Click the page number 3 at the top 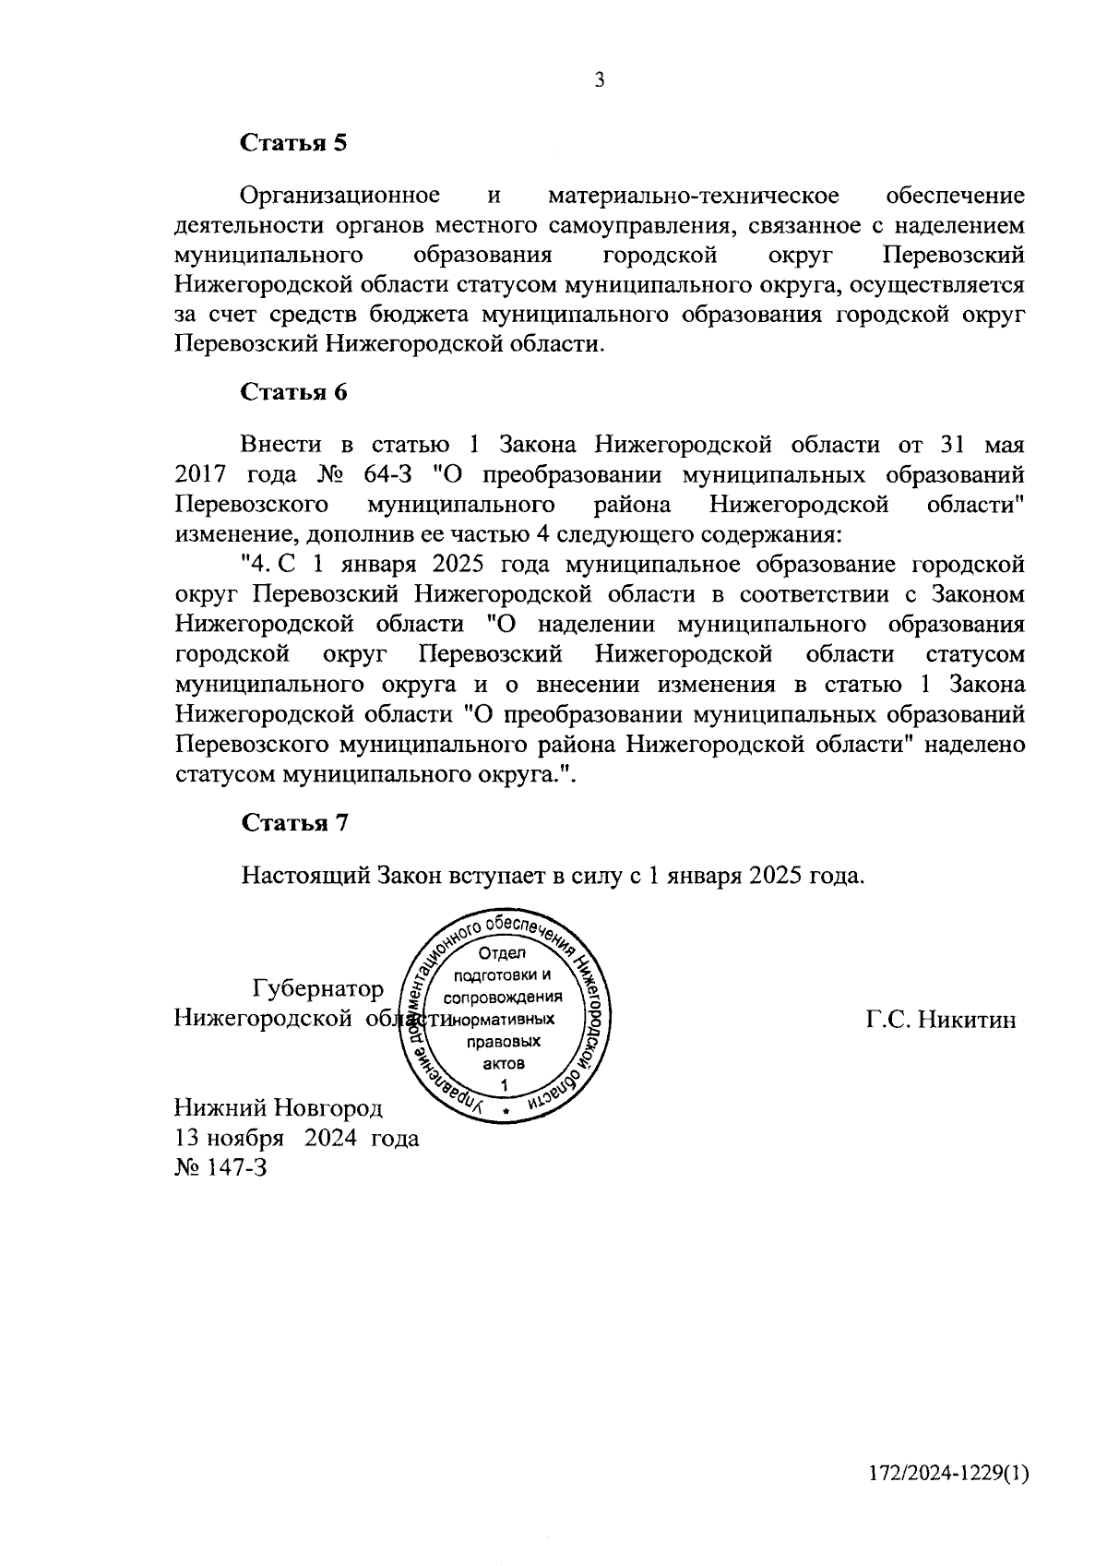(x=600, y=81)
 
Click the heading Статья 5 (x=293, y=143)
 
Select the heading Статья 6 (x=293, y=391)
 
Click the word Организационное (x=339, y=196)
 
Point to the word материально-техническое (x=693, y=196)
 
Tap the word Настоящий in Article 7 (x=305, y=875)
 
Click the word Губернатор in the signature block (x=318, y=989)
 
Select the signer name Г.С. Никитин (x=941, y=1019)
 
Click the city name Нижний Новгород (x=278, y=1107)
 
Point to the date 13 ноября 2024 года (x=296, y=1138)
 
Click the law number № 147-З (x=220, y=1168)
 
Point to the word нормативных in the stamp (x=503, y=1020)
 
